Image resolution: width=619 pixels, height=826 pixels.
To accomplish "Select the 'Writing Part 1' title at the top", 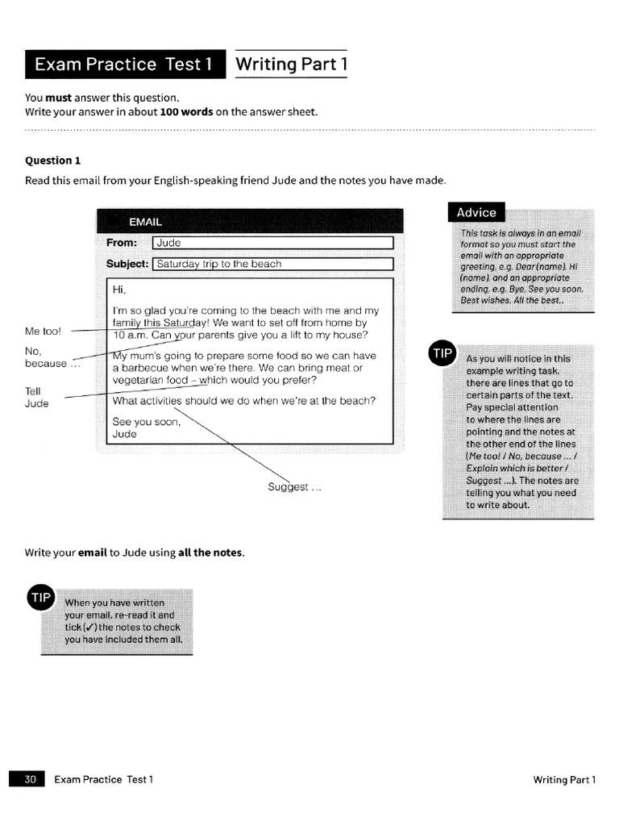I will (x=291, y=65).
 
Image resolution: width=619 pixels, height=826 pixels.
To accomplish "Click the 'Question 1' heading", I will (x=53, y=161).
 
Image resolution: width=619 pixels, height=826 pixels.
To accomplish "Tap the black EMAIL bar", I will (x=249, y=221).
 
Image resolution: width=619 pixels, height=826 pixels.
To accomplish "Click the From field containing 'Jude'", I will (x=272, y=243).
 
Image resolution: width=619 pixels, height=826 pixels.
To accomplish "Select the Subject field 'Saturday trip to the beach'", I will (x=272, y=264).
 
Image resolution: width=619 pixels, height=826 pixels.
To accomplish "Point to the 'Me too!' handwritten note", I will (x=43, y=331).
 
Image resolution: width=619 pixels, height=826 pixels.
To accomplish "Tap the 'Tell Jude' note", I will (x=37, y=397).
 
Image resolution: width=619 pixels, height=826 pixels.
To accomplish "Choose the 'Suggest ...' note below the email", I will (x=294, y=487).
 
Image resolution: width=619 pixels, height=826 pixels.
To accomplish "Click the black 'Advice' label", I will (x=476, y=213).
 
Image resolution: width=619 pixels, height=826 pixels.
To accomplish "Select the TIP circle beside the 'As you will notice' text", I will (x=443, y=354).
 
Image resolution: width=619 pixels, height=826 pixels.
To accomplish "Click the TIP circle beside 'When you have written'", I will (x=41, y=598).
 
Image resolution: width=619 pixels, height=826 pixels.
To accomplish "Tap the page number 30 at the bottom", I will (x=31, y=779).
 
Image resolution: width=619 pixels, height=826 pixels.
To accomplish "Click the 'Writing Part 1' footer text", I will (x=564, y=779).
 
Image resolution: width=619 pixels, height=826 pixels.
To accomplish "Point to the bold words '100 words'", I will (x=186, y=112).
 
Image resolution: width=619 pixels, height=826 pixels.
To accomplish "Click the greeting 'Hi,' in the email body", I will (x=119, y=290).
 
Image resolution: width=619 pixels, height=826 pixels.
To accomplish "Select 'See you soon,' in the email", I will (x=147, y=421).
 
